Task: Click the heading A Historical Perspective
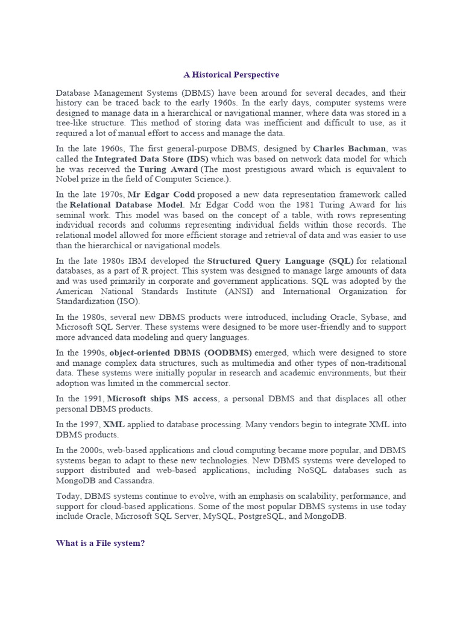click(231, 75)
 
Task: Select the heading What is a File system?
click(101, 543)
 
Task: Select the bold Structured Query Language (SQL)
click(280, 261)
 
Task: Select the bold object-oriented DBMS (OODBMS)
click(181, 352)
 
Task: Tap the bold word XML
click(114, 425)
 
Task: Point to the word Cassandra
click(136, 481)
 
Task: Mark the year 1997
click(92, 425)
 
